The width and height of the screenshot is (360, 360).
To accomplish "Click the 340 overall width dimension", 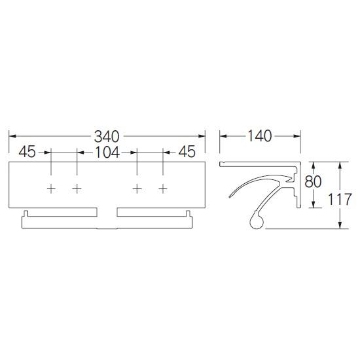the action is [107, 136].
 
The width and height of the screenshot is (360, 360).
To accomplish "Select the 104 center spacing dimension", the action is [107, 153].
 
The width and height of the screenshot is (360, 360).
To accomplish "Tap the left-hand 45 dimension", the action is [27, 152].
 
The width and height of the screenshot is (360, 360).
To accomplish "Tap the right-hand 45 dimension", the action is [187, 152].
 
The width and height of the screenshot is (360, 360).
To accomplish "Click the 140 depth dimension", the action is [260, 136].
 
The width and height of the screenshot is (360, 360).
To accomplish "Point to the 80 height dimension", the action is [313, 181].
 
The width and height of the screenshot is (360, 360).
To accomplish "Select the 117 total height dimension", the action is [340, 199].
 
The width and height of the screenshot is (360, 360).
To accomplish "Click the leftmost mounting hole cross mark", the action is [51, 189].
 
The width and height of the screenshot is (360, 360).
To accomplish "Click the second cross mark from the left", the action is [77, 189].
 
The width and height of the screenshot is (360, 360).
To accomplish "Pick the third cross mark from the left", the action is [137, 189].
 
